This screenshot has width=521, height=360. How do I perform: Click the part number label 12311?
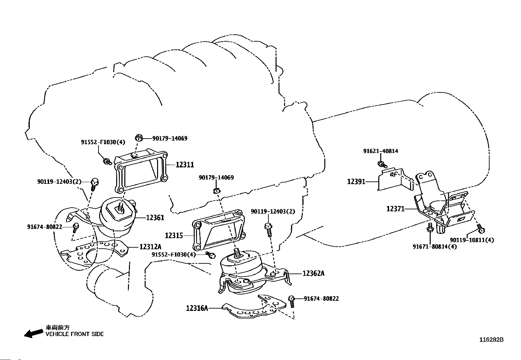pyautogui.click(x=185, y=165)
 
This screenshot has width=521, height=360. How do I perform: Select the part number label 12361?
pyautogui.click(x=155, y=218)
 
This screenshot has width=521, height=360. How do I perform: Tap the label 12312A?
pyautogui.click(x=151, y=247)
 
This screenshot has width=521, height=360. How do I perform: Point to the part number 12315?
pyautogui.click(x=174, y=236)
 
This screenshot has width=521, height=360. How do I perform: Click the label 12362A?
pyautogui.click(x=313, y=273)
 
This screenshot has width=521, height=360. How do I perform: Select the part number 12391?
pyautogui.click(x=356, y=181)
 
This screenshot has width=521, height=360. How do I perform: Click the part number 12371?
pyautogui.click(x=396, y=209)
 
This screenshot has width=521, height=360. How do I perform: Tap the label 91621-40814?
pyautogui.click(x=381, y=151)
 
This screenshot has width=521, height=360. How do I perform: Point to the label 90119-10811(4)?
pyautogui.click(x=472, y=240)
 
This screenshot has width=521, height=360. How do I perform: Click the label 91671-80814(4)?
pyautogui.click(x=435, y=246)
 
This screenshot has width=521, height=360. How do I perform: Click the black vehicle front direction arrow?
pyautogui.click(x=34, y=333)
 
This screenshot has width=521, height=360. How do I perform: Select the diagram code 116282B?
pyautogui.click(x=492, y=339)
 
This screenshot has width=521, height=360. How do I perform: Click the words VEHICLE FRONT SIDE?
pyautogui.click(x=75, y=334)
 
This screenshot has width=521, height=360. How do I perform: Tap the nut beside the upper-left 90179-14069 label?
pyautogui.click(x=139, y=138)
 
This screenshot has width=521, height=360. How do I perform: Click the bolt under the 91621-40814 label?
pyautogui.click(x=382, y=164)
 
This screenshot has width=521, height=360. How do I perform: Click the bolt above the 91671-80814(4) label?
pyautogui.click(x=430, y=227)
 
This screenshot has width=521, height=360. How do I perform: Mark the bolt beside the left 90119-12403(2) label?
pyautogui.click(x=94, y=184)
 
